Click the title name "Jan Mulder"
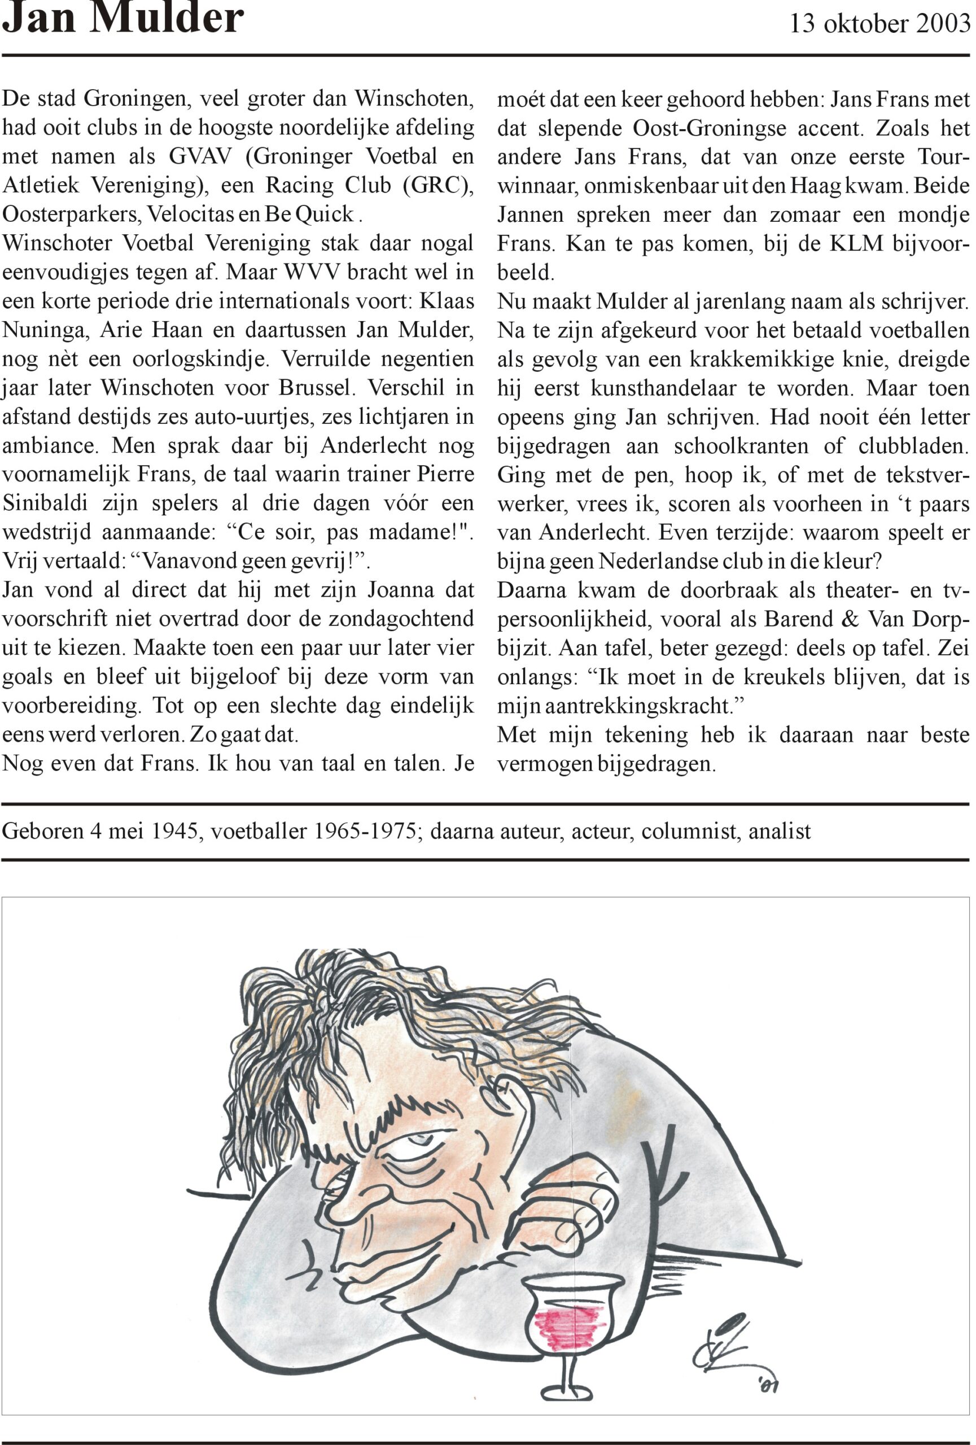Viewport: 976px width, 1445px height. tap(123, 19)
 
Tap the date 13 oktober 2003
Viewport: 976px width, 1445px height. tap(879, 24)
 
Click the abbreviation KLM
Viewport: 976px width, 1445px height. tap(856, 243)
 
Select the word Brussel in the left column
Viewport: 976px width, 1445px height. tap(317, 388)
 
